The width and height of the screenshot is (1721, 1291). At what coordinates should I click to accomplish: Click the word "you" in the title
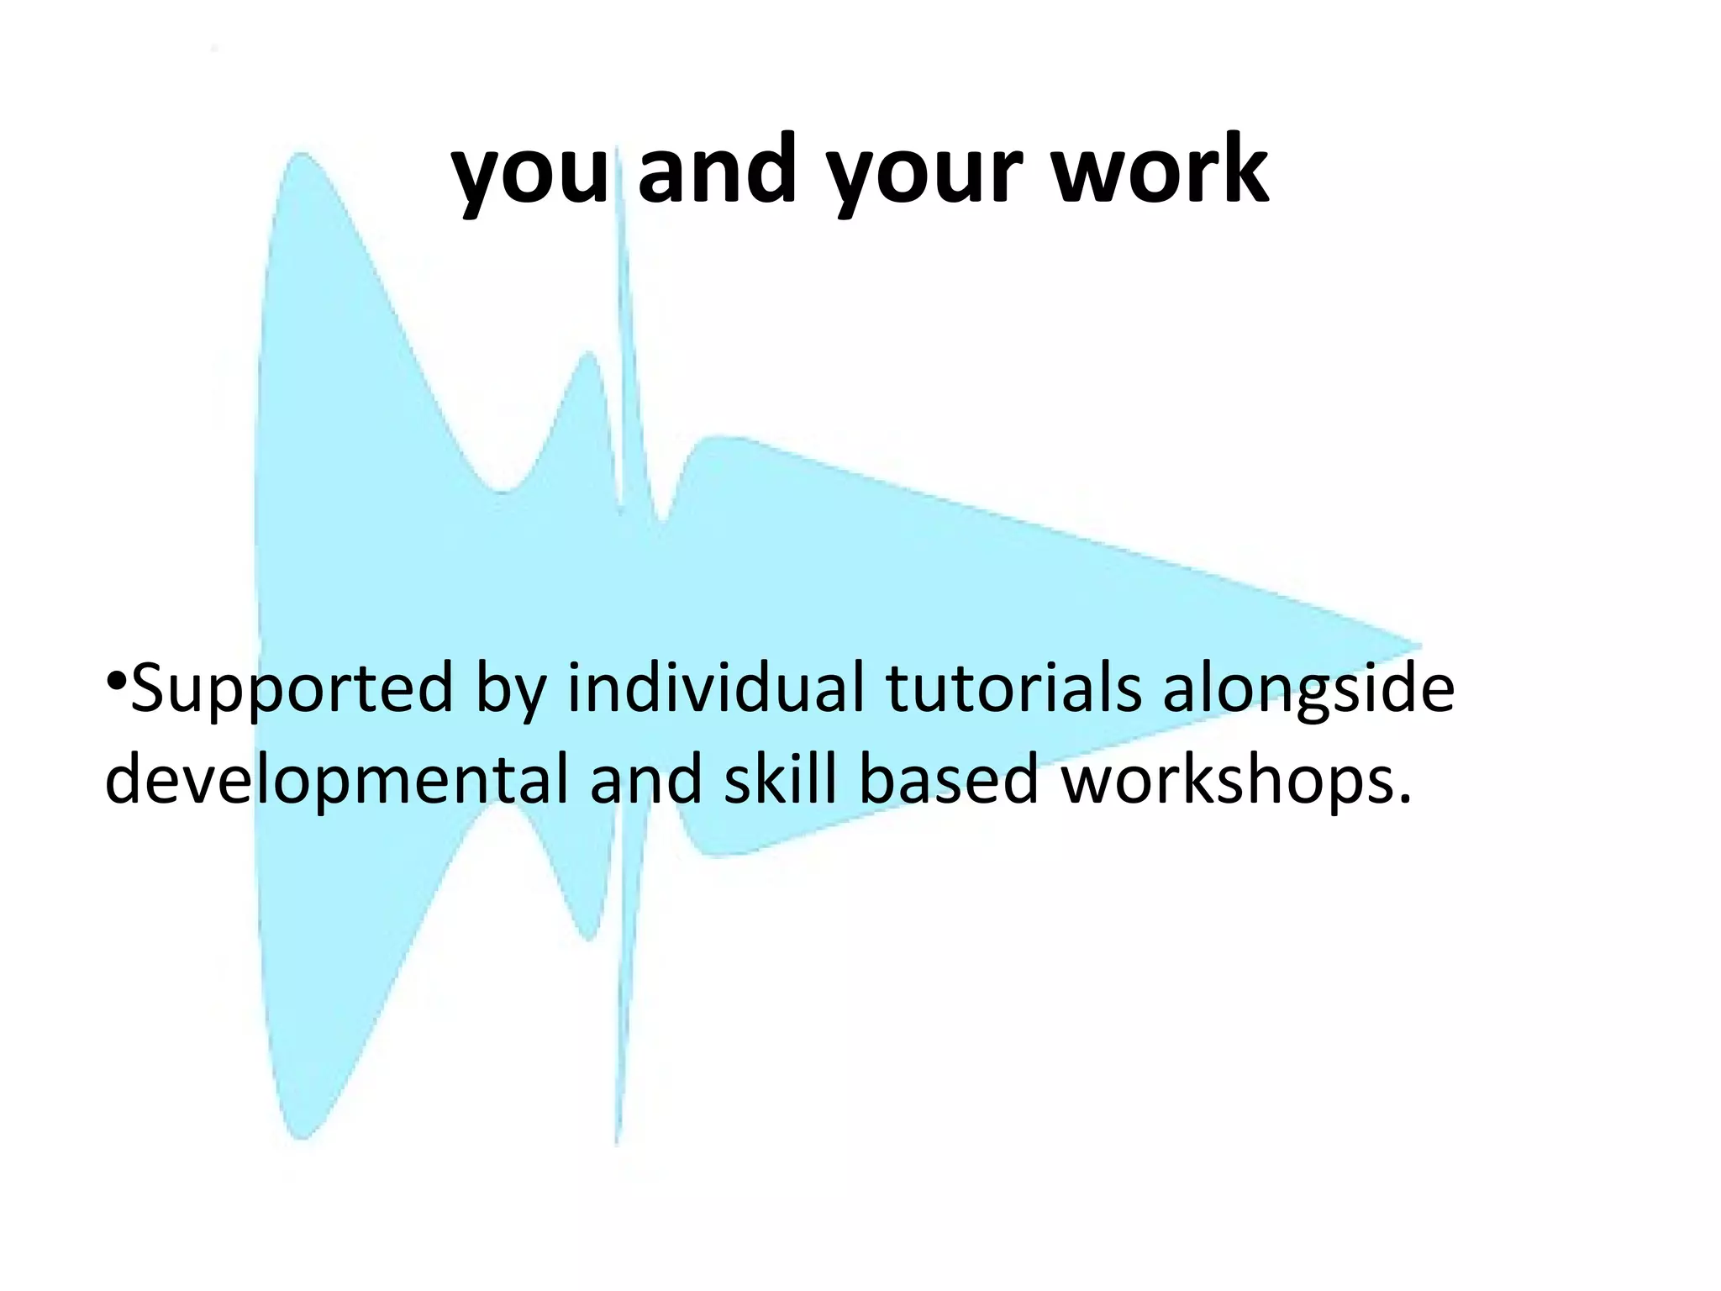click(529, 172)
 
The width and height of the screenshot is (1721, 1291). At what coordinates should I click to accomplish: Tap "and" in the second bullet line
click(645, 778)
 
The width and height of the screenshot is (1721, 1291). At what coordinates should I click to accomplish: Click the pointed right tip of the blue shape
click(1418, 647)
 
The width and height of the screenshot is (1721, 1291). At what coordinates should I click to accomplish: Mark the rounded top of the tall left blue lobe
click(301, 156)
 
